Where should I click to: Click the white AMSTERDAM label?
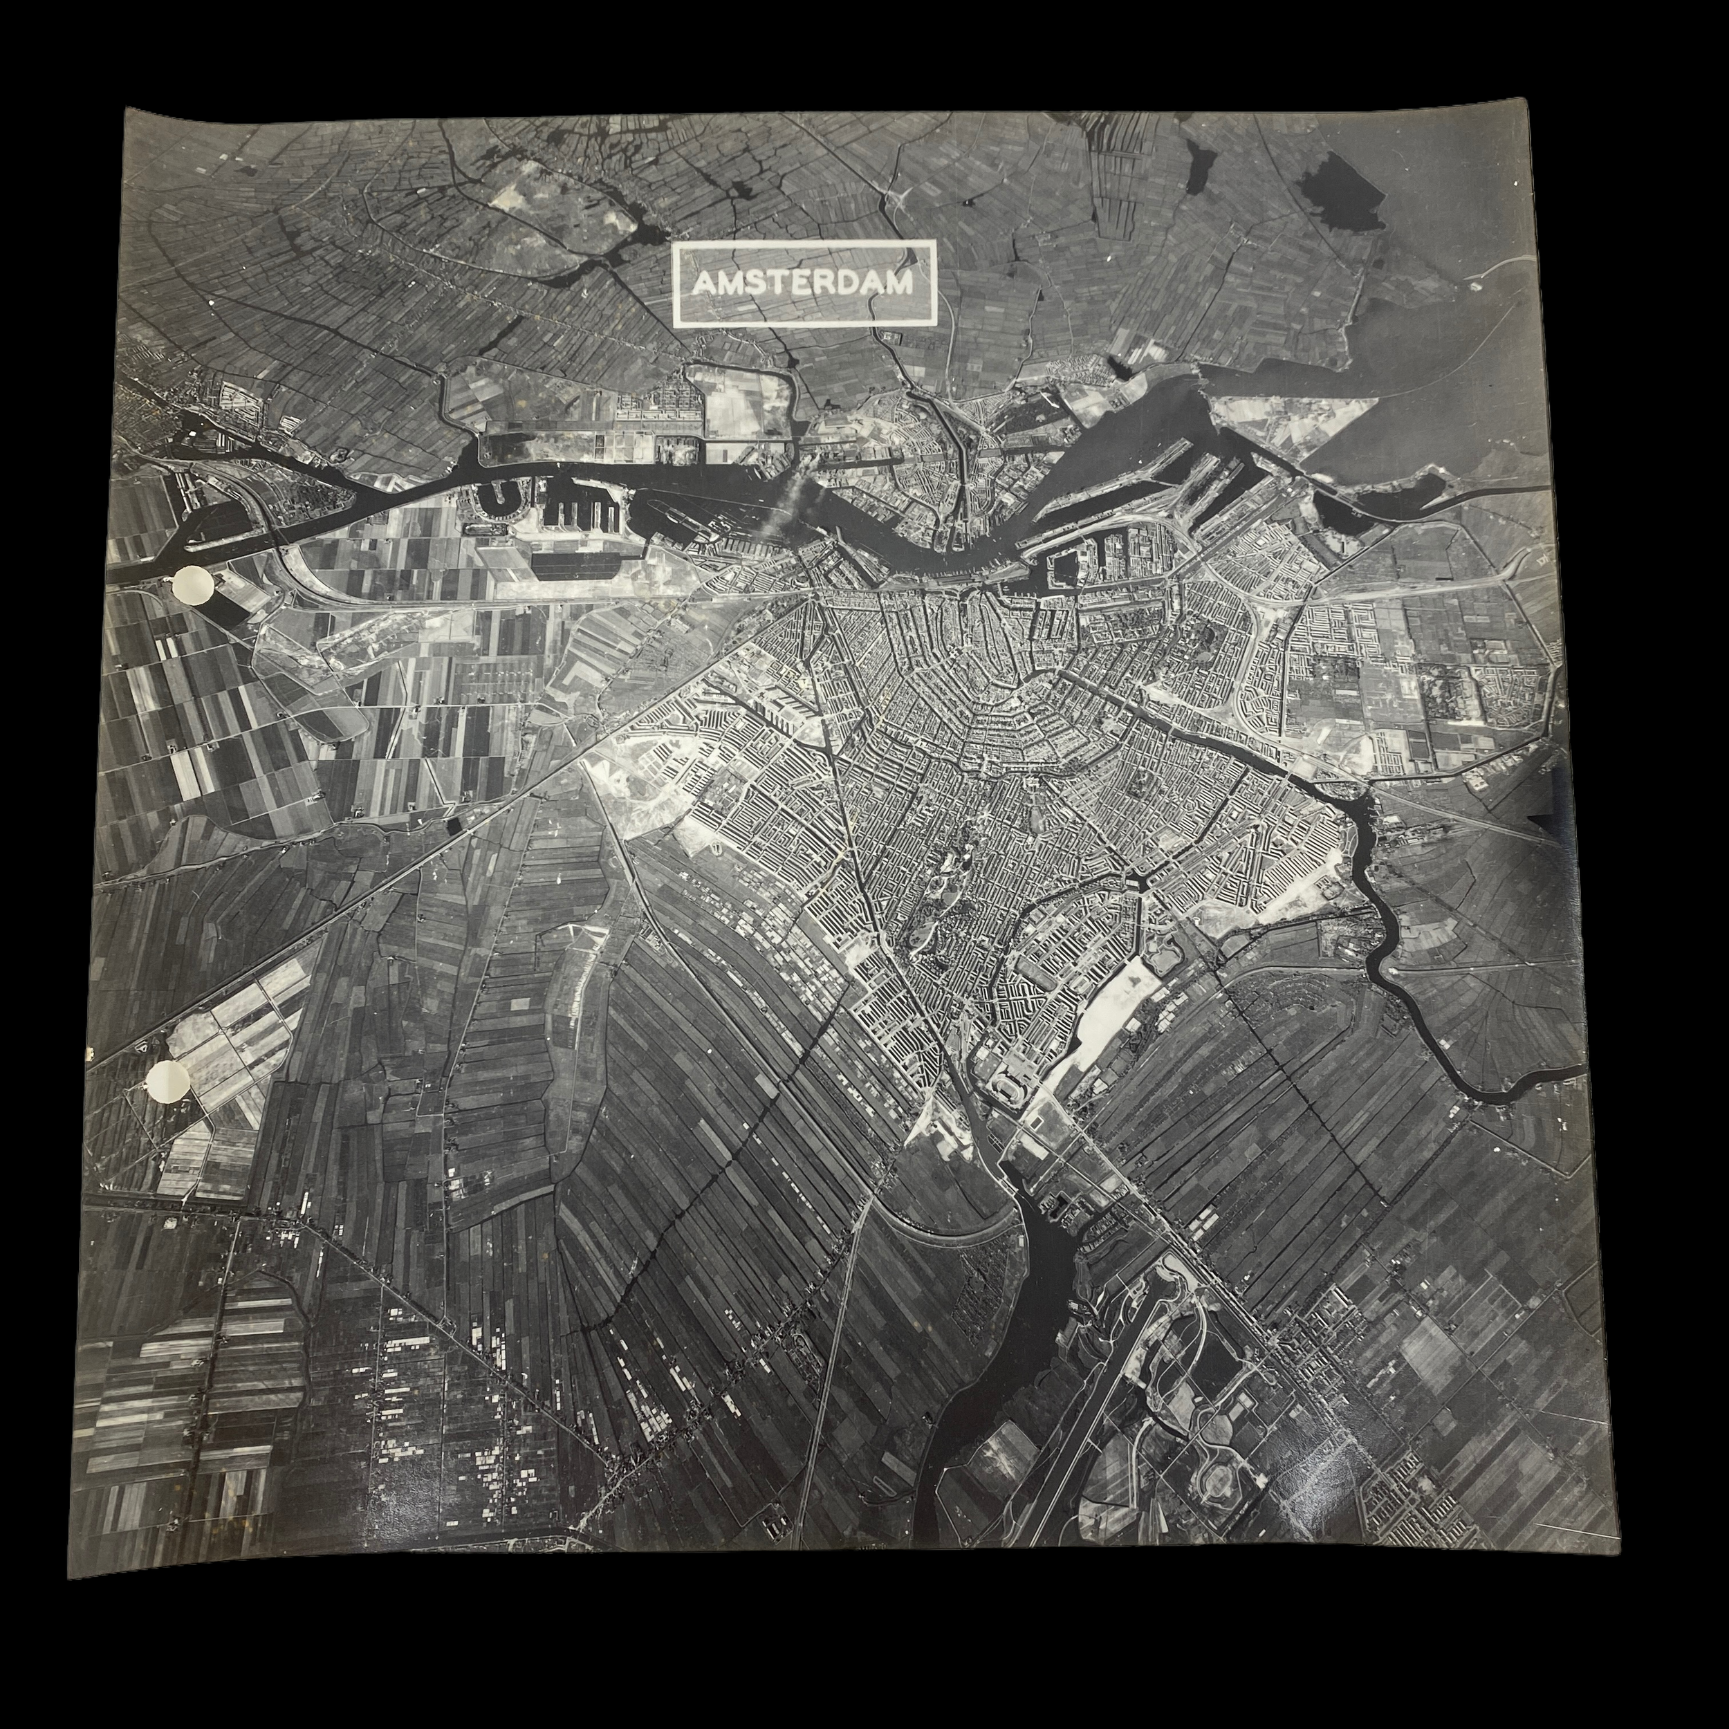(x=804, y=282)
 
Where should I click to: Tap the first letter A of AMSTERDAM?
(x=704, y=284)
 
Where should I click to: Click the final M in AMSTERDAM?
(x=898, y=284)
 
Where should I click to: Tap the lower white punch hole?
(x=168, y=1083)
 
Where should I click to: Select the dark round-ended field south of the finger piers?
(x=573, y=562)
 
